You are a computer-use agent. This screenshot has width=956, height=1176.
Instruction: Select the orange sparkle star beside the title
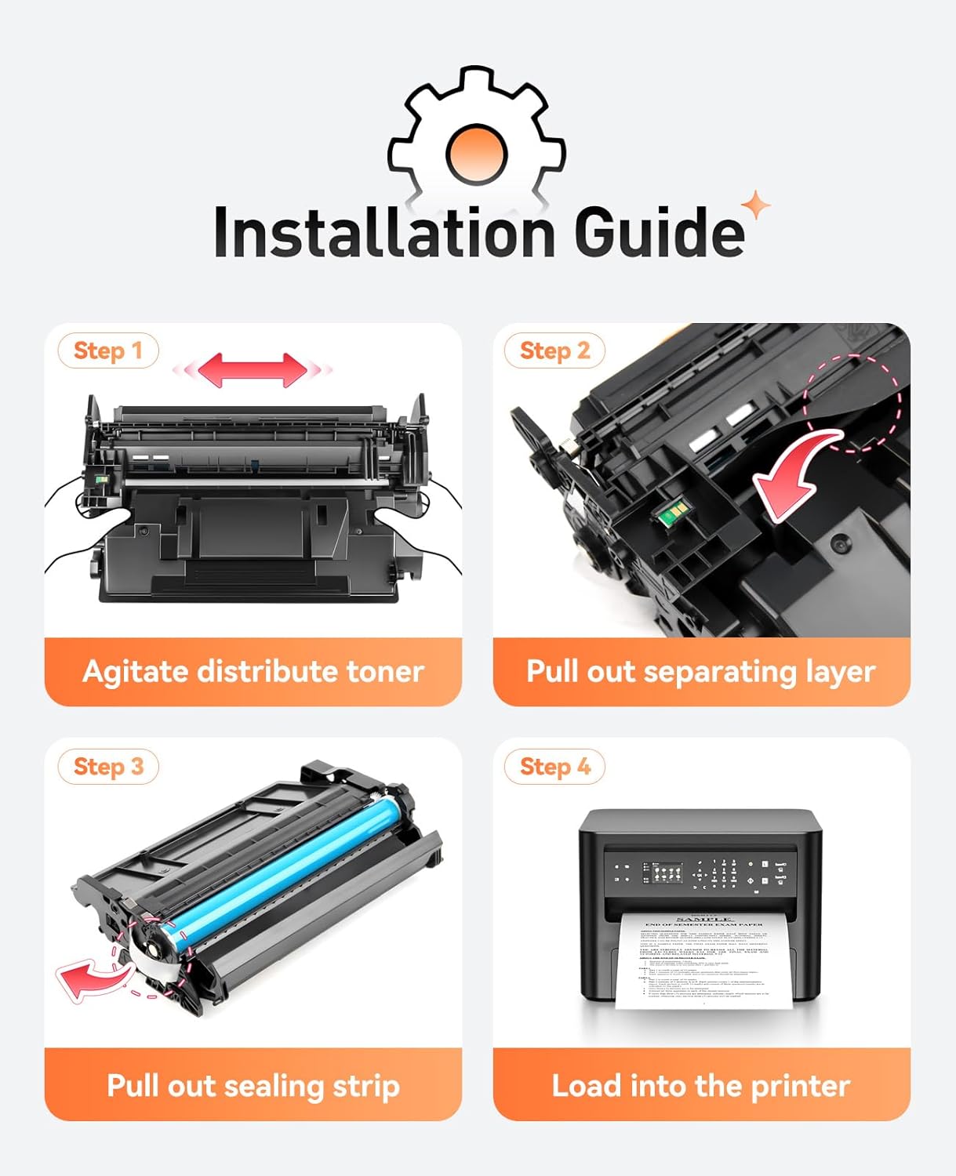click(756, 206)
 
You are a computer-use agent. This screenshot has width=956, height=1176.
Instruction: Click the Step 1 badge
click(108, 350)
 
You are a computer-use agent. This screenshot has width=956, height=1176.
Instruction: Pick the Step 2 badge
click(554, 350)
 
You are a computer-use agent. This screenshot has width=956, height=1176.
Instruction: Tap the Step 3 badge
click(108, 766)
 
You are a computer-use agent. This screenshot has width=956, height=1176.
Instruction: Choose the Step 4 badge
click(554, 766)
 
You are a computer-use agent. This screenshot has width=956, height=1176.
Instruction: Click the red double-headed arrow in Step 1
click(253, 369)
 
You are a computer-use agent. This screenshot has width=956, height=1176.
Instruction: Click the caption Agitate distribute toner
click(253, 672)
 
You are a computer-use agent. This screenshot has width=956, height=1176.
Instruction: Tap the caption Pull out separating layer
click(700, 672)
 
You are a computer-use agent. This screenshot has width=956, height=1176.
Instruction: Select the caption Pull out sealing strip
click(253, 1086)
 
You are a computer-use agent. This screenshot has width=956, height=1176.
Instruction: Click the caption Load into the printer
click(700, 1086)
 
